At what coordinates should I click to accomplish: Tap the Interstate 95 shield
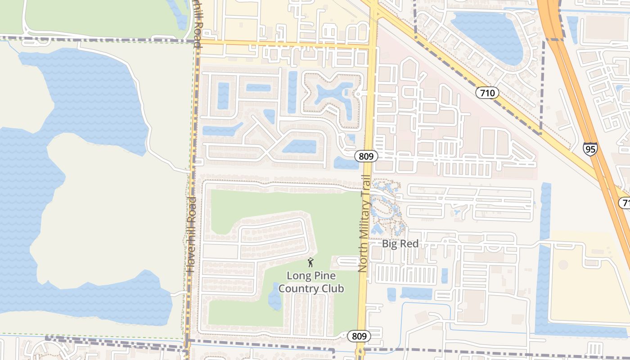tap(590, 149)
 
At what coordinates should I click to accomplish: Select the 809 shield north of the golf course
tap(366, 156)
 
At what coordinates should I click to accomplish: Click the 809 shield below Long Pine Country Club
tap(359, 336)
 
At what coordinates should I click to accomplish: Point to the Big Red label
tap(400, 244)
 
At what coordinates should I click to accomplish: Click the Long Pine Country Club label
tap(311, 282)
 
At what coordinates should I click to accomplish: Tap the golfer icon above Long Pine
tap(310, 262)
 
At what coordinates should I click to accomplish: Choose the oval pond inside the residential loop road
tap(300, 146)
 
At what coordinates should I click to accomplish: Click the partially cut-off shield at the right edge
tap(625, 203)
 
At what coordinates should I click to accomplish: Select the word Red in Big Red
tap(411, 244)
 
